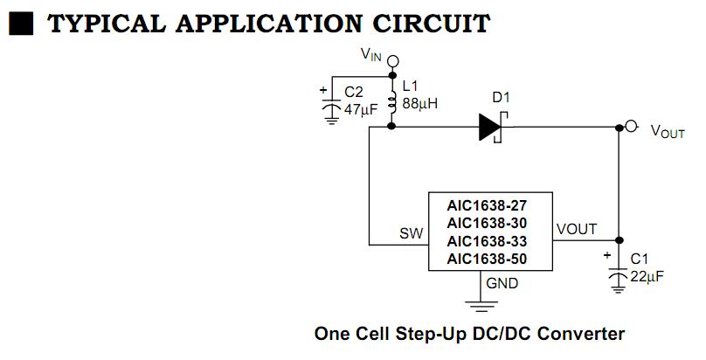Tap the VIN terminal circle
click(392, 61)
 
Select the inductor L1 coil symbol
click(392, 98)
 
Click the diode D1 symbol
click(491, 128)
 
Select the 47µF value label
click(360, 109)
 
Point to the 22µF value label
click(647, 276)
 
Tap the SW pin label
click(411, 233)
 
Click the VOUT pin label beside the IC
click(577, 230)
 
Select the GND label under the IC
click(502, 284)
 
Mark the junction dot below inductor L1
click(392, 128)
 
